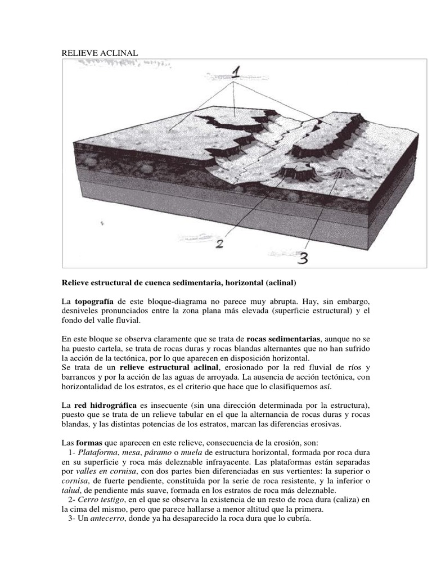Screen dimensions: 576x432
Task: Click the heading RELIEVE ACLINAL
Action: tap(99, 53)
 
